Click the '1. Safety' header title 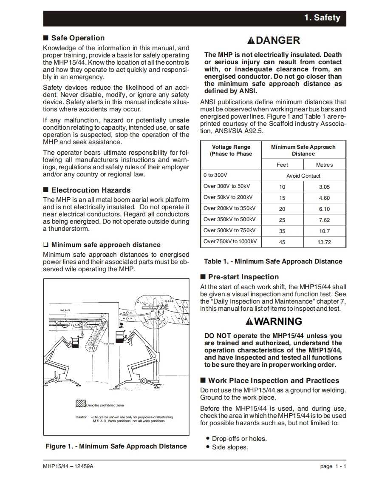(322, 18)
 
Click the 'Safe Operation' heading (78, 38)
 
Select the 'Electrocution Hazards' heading (91, 190)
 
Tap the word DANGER (278, 40)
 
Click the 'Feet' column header (282, 165)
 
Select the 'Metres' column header (324, 165)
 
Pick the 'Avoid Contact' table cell (303, 176)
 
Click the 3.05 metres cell (324, 187)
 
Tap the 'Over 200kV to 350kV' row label (229, 209)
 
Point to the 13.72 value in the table (324, 242)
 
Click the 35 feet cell (282, 231)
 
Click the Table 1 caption (273, 261)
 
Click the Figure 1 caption (116, 446)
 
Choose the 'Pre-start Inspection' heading (243, 277)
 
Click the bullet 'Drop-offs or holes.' (239, 439)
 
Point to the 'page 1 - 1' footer (333, 466)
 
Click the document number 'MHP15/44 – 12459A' (68, 466)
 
